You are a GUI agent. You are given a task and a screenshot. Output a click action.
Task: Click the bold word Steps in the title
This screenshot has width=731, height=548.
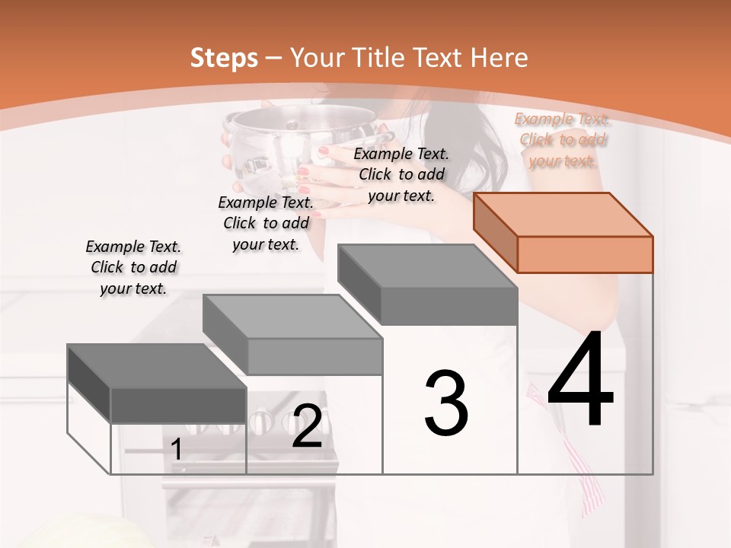[223, 58]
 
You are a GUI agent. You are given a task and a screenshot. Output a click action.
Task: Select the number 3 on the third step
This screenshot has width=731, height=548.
[445, 403]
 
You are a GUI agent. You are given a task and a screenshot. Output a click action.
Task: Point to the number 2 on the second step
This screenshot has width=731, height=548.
[307, 426]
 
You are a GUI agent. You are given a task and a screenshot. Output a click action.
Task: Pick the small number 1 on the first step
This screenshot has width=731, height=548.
[176, 450]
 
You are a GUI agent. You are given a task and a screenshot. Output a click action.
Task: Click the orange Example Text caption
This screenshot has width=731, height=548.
[563, 139]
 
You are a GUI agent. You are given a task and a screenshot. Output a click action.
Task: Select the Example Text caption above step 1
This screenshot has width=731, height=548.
[133, 267]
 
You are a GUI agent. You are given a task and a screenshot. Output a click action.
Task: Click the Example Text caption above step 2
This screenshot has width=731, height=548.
[266, 223]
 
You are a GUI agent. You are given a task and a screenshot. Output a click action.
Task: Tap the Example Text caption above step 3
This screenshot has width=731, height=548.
[401, 174]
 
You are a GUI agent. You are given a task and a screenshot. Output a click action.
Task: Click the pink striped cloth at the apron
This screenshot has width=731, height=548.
[590, 479]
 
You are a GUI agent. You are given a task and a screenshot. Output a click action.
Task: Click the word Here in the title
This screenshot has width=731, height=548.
[500, 58]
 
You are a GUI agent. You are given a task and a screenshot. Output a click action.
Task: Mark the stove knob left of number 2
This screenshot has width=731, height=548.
[261, 419]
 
